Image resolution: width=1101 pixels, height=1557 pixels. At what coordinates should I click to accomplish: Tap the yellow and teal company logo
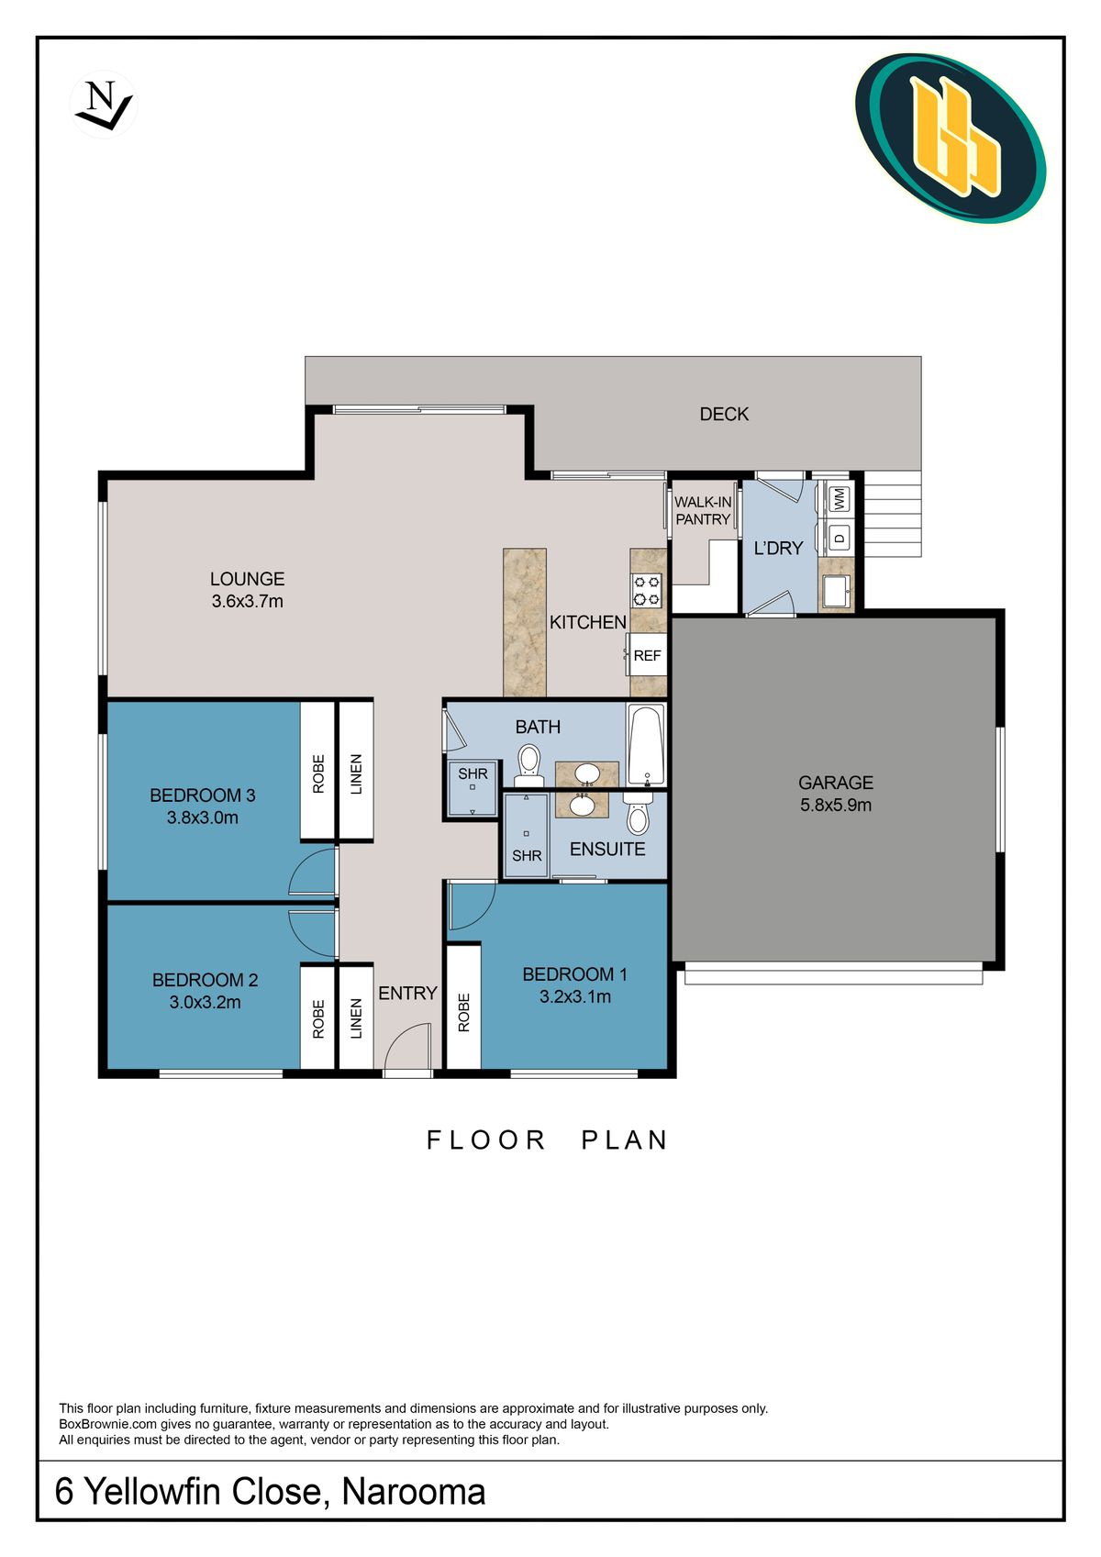[951, 138]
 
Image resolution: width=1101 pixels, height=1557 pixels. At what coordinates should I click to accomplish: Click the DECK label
[724, 414]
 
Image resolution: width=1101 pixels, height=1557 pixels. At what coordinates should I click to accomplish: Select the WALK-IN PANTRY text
[703, 510]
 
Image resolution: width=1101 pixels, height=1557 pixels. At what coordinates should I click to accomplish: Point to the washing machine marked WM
[839, 499]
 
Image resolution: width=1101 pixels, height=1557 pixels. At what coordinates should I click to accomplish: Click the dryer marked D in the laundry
[839, 537]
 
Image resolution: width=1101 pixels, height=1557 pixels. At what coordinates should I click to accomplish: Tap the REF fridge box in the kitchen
[647, 655]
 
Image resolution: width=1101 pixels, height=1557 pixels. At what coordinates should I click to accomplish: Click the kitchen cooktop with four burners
[647, 589]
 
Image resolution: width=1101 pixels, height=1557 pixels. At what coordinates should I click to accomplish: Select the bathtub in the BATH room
[647, 744]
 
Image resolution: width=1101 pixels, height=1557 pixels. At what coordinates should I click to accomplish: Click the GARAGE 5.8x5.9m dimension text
[835, 805]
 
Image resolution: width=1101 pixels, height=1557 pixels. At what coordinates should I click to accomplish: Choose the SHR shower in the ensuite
[527, 835]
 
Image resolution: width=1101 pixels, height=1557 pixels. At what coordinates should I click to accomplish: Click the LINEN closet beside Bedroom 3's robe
[356, 772]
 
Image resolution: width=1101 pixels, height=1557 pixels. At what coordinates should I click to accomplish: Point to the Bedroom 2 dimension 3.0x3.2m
[205, 1002]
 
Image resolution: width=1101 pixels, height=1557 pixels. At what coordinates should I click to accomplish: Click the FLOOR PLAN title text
[548, 1140]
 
